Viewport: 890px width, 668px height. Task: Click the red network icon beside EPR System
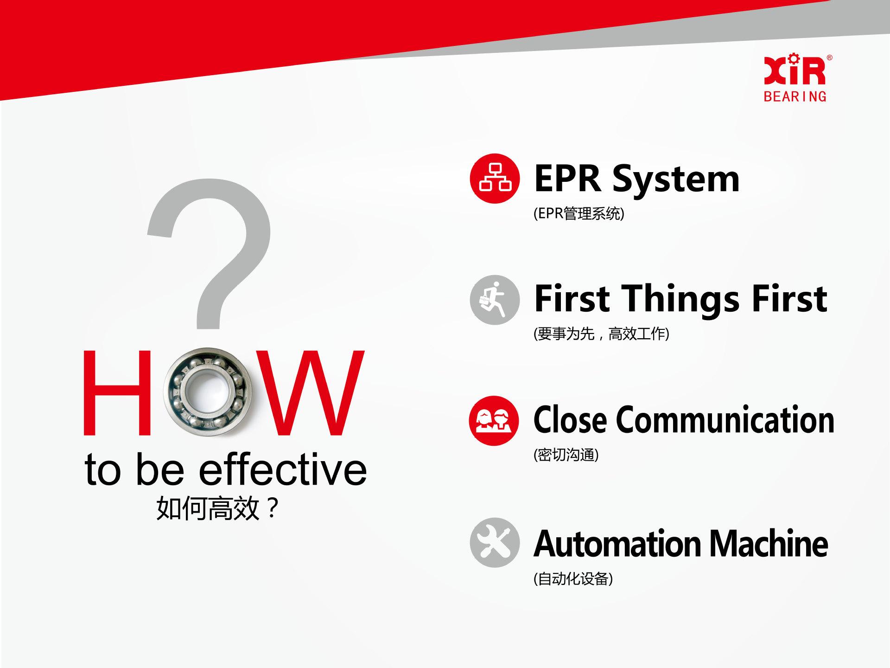[495, 179]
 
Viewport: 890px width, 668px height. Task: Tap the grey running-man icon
[495, 300]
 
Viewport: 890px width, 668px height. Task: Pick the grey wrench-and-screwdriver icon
[495, 542]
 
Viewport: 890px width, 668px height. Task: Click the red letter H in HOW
[117, 393]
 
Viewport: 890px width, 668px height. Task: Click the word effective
[283, 469]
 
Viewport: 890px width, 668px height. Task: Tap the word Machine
[769, 543]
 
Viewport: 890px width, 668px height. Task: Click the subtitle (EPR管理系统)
[579, 213]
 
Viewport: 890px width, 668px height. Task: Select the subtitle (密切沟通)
[566, 455]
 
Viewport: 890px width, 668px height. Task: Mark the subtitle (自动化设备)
[573, 578]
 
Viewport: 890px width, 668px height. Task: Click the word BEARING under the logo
[795, 96]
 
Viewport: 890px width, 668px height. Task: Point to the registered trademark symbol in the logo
[829, 58]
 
